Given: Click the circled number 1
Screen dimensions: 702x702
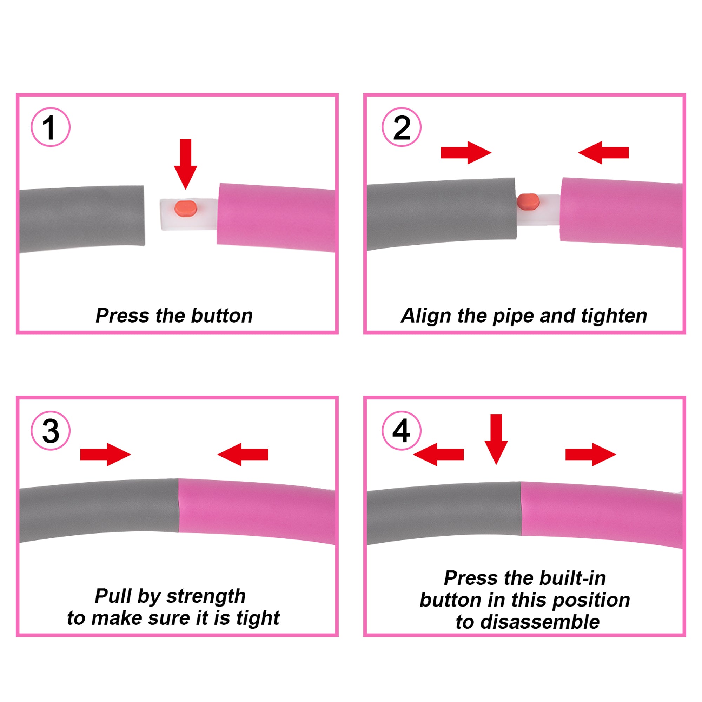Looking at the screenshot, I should point(51,127).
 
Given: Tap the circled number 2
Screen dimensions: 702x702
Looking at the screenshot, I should point(402,127).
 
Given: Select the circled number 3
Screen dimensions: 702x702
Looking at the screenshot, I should point(51,431).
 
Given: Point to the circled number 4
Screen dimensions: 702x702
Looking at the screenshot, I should point(402,431).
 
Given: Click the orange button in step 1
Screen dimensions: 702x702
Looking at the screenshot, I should point(186,208).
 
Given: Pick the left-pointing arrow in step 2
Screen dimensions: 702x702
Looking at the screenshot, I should point(603,153).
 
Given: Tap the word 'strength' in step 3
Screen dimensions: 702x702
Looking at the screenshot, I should point(206,597).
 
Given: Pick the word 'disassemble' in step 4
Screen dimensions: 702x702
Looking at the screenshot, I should point(540,622).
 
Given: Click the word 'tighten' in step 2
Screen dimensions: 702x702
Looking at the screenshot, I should point(614,316).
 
